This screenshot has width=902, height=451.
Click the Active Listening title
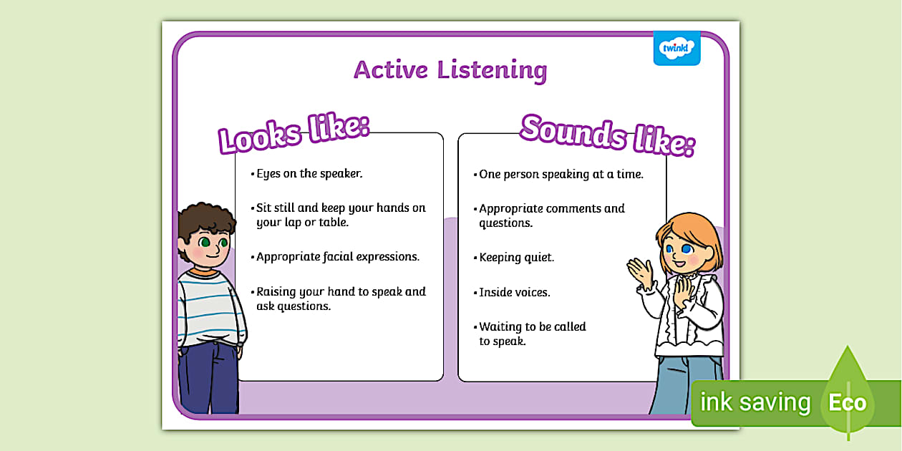click(450, 70)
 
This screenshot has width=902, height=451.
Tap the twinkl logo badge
click(676, 49)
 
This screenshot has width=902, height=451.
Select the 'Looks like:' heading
click(294, 132)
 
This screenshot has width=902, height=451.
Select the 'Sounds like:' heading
click(607, 134)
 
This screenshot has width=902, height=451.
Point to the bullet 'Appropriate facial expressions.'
click(337, 256)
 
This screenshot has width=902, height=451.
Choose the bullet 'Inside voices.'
click(514, 292)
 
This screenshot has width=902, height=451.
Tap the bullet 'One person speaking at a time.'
click(561, 174)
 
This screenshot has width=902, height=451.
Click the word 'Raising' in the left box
click(276, 292)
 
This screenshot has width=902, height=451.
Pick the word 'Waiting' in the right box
click(500, 327)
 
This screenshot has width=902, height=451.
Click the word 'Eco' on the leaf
click(848, 402)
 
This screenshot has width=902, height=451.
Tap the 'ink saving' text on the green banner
click(755, 402)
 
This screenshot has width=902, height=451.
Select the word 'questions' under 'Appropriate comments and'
click(505, 223)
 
